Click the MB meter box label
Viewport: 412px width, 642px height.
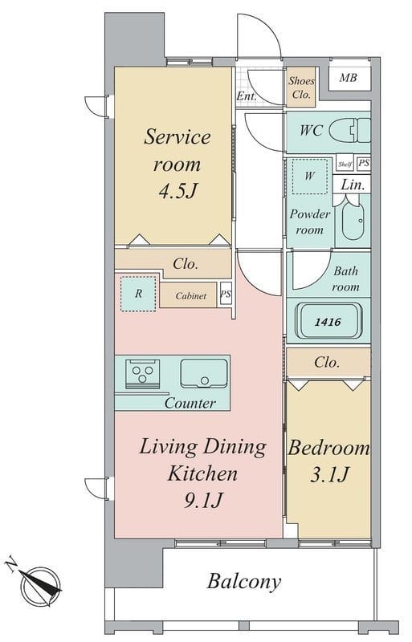coord(348,77)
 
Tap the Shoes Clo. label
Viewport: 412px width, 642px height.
coord(301,87)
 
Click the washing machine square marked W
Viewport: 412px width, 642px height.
coord(310,176)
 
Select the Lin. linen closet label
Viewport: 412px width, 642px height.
coord(353,185)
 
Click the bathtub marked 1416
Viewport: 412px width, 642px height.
coord(329,322)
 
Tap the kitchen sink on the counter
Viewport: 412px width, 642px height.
coord(204,373)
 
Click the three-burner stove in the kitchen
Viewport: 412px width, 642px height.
coord(142,373)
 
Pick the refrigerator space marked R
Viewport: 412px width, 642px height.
coord(138,294)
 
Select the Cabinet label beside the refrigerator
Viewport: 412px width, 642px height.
coord(190,295)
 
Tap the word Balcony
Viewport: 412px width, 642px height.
coord(244,581)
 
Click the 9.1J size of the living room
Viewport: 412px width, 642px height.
coord(203,499)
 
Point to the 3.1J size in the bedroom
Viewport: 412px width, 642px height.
coord(329,474)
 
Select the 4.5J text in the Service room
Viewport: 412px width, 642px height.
coord(178,190)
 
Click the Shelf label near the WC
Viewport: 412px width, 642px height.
coord(345,165)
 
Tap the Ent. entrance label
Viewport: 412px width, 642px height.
coord(247,96)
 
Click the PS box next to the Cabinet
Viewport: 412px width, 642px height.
coord(226,294)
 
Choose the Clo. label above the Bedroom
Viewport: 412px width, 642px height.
coord(327,363)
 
